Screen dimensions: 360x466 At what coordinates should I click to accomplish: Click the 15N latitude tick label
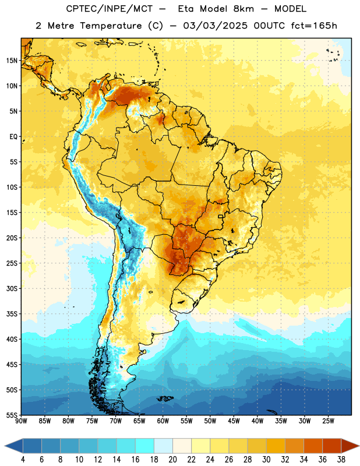click(12, 61)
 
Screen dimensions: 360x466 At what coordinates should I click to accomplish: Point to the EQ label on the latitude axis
click(13, 137)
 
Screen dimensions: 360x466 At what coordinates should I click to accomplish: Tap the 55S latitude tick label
click(12, 415)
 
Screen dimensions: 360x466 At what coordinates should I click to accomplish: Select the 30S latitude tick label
click(12, 288)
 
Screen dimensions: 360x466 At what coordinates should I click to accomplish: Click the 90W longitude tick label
click(21, 421)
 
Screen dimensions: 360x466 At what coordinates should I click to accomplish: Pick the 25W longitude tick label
click(328, 421)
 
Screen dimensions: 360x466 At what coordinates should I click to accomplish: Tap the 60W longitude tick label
click(163, 421)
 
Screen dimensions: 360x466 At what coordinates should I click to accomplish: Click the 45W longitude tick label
click(234, 421)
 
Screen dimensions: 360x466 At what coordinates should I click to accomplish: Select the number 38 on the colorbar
click(341, 460)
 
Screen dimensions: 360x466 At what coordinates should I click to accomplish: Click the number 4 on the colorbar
click(23, 460)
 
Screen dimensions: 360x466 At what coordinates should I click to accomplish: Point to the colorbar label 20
click(172, 460)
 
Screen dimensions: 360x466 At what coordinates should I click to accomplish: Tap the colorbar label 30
click(266, 460)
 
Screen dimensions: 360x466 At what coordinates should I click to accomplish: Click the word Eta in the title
click(186, 9)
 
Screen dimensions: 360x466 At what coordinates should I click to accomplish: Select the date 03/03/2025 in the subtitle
click(215, 26)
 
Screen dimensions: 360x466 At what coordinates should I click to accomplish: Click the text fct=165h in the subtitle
click(314, 26)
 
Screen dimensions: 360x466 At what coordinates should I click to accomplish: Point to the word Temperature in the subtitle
click(111, 26)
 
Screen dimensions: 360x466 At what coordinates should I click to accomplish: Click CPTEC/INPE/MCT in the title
click(109, 9)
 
